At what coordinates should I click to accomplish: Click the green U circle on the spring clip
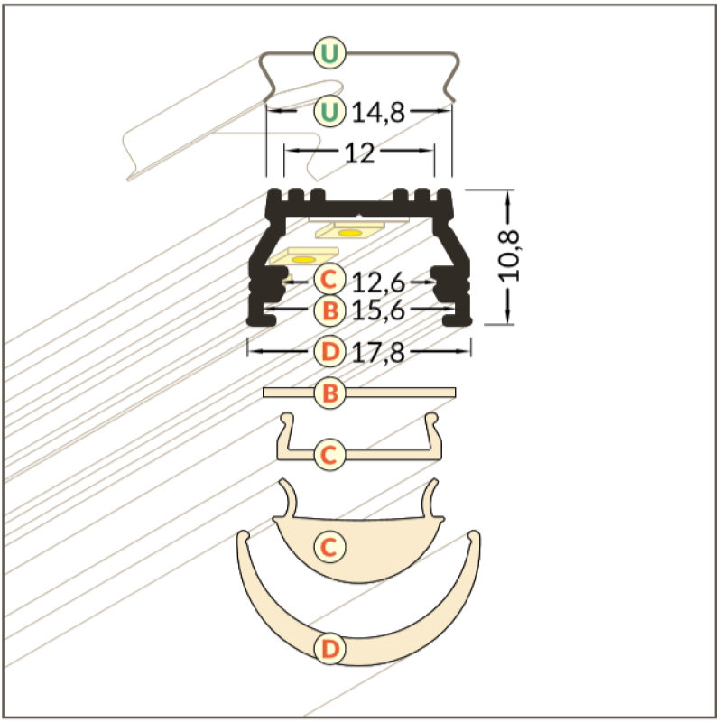pyautogui.click(x=329, y=53)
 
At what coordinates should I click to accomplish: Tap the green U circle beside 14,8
pyautogui.click(x=329, y=111)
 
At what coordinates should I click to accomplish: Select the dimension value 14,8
pyautogui.click(x=378, y=113)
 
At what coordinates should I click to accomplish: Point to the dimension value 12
pyautogui.click(x=359, y=153)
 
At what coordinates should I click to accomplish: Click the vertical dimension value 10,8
pyautogui.click(x=509, y=256)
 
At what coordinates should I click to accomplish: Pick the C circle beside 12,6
pyautogui.click(x=329, y=279)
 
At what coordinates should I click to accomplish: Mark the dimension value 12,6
pyautogui.click(x=378, y=282)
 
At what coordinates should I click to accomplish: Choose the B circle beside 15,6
pyautogui.click(x=329, y=310)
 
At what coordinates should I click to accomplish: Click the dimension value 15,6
pyautogui.click(x=378, y=310)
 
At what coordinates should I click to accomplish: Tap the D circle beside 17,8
pyautogui.click(x=329, y=351)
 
